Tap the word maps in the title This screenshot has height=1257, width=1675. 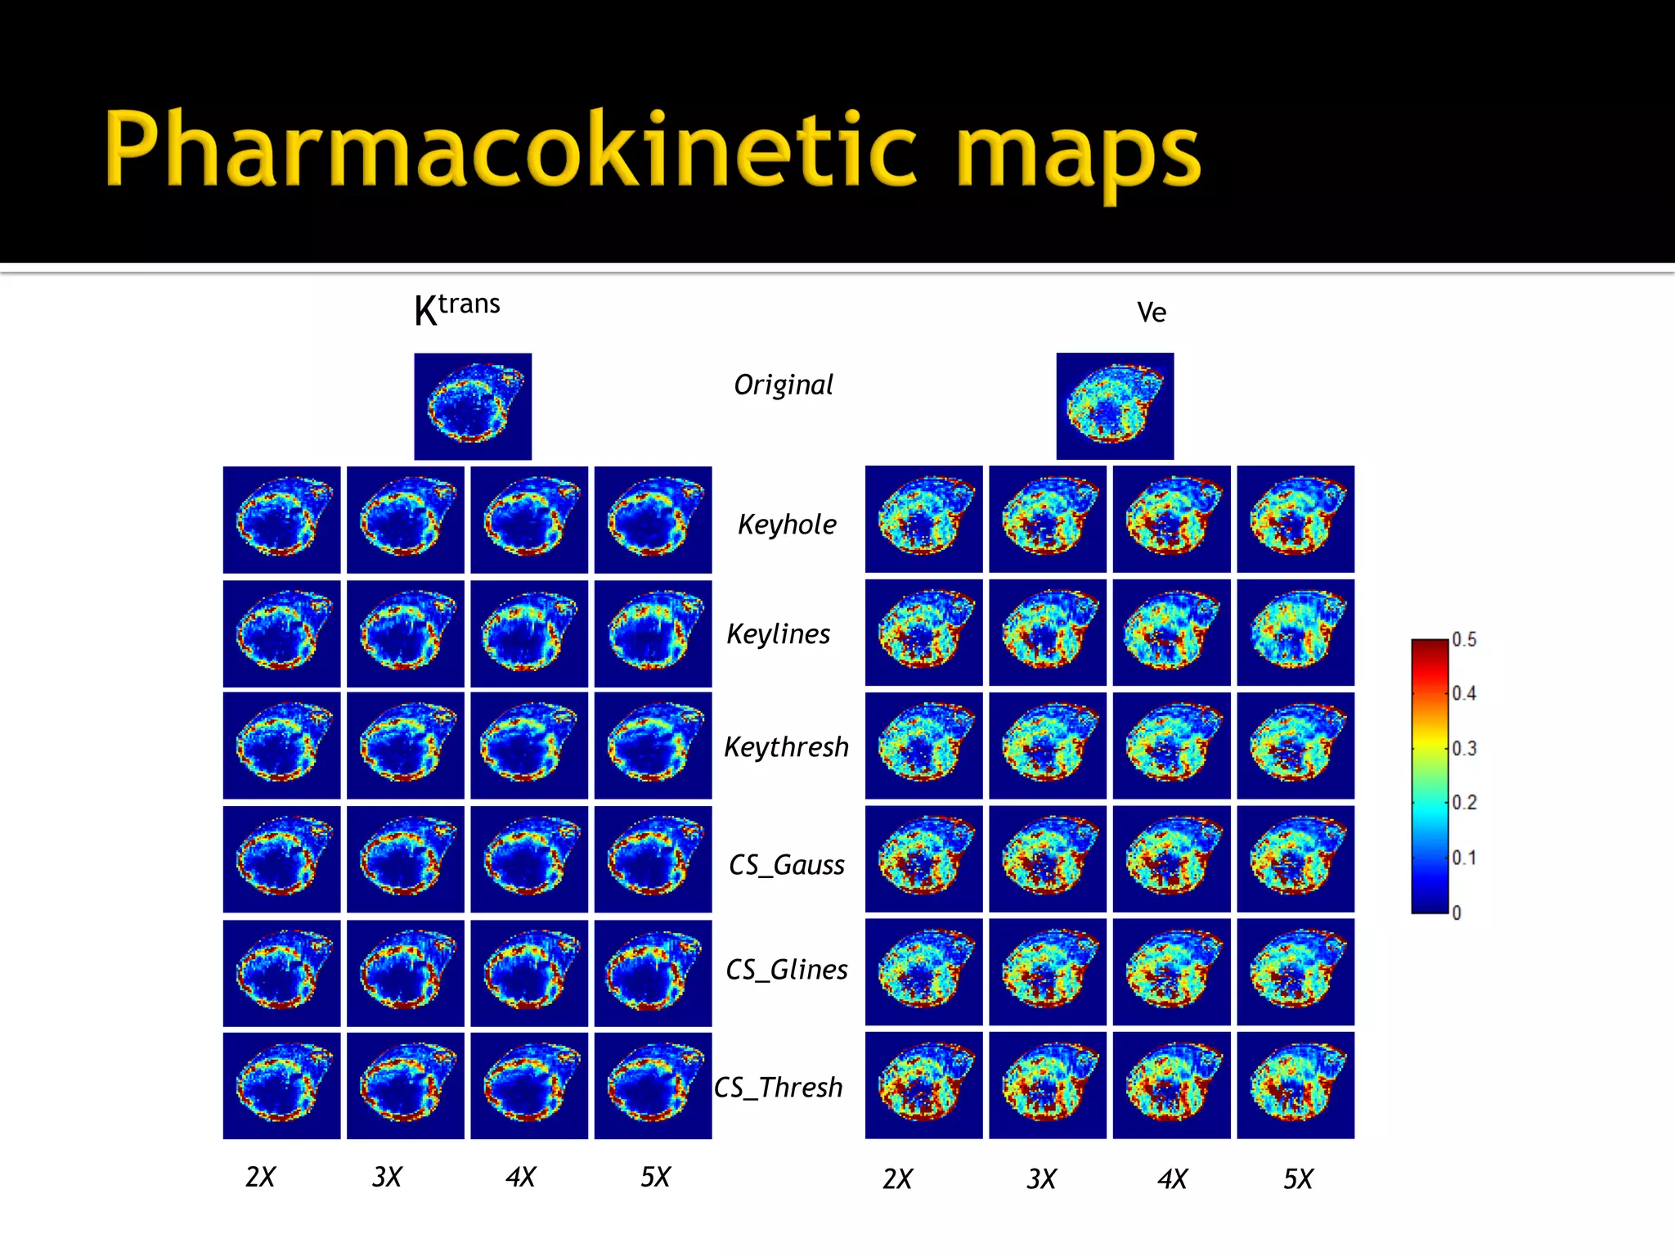[1078, 155]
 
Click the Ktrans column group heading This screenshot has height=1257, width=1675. [456, 309]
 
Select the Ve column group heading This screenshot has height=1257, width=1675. [1151, 312]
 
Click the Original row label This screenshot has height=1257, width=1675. [783, 385]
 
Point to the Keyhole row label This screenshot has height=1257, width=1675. [787, 525]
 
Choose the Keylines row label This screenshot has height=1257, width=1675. [778, 634]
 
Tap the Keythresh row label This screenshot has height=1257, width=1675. [786, 747]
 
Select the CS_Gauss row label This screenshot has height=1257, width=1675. [786, 865]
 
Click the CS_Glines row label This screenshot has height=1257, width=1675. [786, 970]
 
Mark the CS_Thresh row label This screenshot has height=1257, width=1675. [778, 1088]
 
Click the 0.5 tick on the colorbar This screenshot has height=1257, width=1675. [1464, 639]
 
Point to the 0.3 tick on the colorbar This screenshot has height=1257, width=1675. [1464, 748]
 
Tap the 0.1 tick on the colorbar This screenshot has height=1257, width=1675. [1464, 858]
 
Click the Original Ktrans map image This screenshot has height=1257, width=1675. [473, 407]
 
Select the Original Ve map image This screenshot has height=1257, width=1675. [1115, 407]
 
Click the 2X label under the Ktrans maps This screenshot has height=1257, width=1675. [260, 1177]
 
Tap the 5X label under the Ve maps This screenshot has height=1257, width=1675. [1297, 1179]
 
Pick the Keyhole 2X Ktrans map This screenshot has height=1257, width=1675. [281, 520]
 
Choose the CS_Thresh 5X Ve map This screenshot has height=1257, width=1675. [1296, 1085]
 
